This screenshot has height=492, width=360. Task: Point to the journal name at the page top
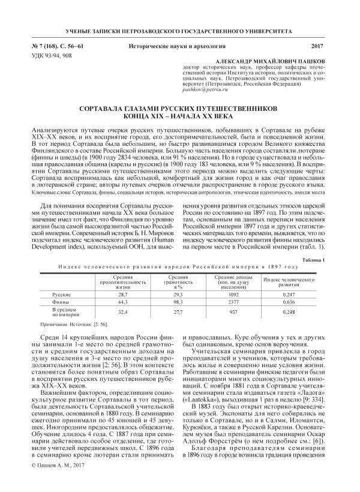point(179,30)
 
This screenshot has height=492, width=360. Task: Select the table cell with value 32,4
point(122,312)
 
